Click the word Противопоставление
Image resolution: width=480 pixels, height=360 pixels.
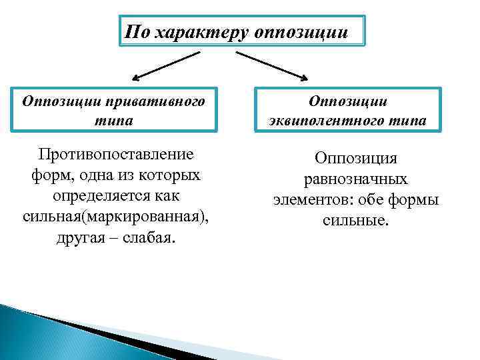115,155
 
